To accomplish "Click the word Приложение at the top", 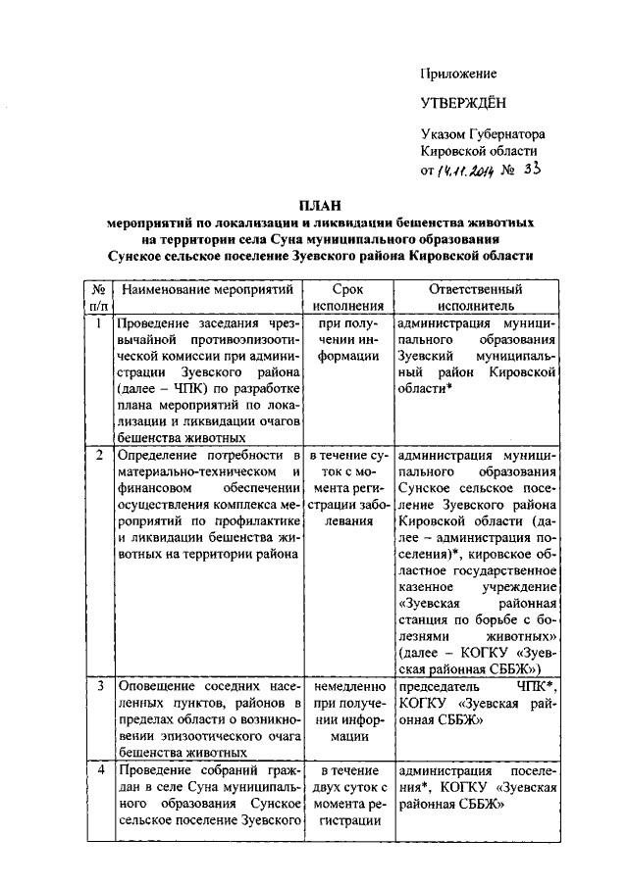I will pyautogui.click(x=458, y=74).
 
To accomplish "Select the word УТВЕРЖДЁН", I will pyautogui.click(x=466, y=103).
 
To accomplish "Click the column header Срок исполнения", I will pyautogui.click(x=347, y=299).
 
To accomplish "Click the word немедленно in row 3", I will pyautogui.click(x=347, y=688).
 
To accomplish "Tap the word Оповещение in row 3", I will pyautogui.click(x=157, y=688).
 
